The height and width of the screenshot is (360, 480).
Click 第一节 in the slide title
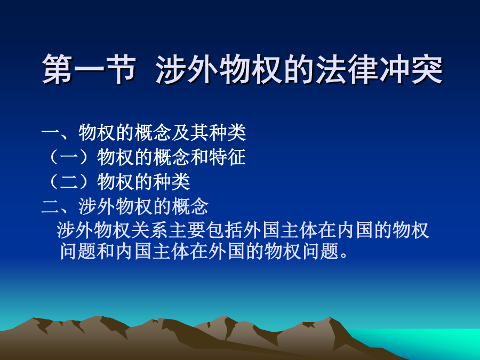(89, 69)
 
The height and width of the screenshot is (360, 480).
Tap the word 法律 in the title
(347, 69)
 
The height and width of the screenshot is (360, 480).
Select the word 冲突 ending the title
(411, 69)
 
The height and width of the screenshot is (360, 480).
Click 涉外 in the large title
(187, 69)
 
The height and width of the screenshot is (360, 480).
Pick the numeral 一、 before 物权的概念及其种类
(59, 133)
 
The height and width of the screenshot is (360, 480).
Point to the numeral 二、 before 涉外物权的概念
(59, 206)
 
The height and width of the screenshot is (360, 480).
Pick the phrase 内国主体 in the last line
(152, 251)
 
